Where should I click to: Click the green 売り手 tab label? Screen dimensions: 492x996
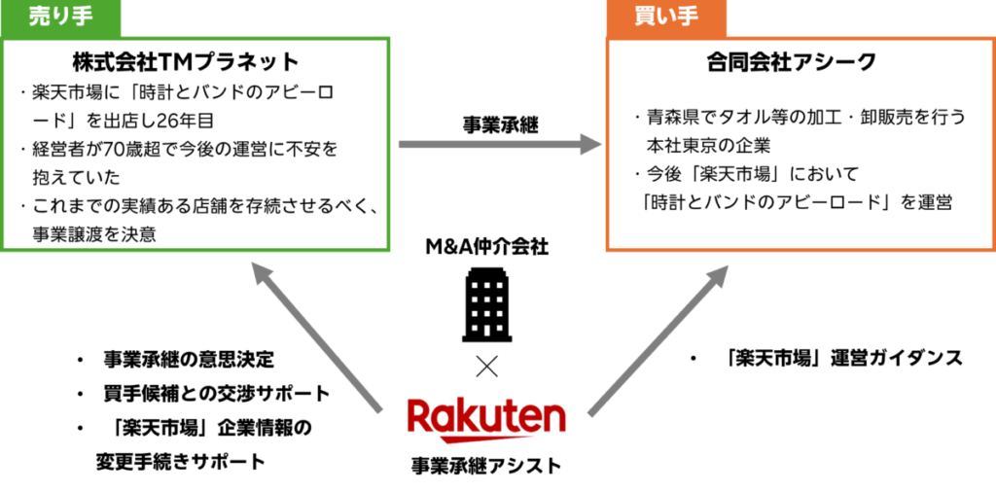(60, 18)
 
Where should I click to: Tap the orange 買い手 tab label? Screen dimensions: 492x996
(666, 18)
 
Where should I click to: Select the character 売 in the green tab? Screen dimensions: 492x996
(39, 18)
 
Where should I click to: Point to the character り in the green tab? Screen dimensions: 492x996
(60, 18)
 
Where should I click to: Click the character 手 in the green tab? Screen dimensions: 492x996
(82, 18)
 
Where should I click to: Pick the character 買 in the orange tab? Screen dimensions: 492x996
(645, 18)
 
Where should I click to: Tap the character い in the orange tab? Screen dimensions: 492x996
(666, 18)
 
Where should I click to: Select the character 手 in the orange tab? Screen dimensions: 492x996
(688, 18)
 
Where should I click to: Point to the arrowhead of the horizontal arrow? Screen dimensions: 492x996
(591, 145)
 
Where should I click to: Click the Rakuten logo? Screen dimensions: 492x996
(486, 419)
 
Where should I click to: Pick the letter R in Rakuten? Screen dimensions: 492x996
(419, 415)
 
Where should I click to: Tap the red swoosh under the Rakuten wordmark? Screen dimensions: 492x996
(486, 437)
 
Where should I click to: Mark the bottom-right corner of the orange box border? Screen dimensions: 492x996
(992, 249)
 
